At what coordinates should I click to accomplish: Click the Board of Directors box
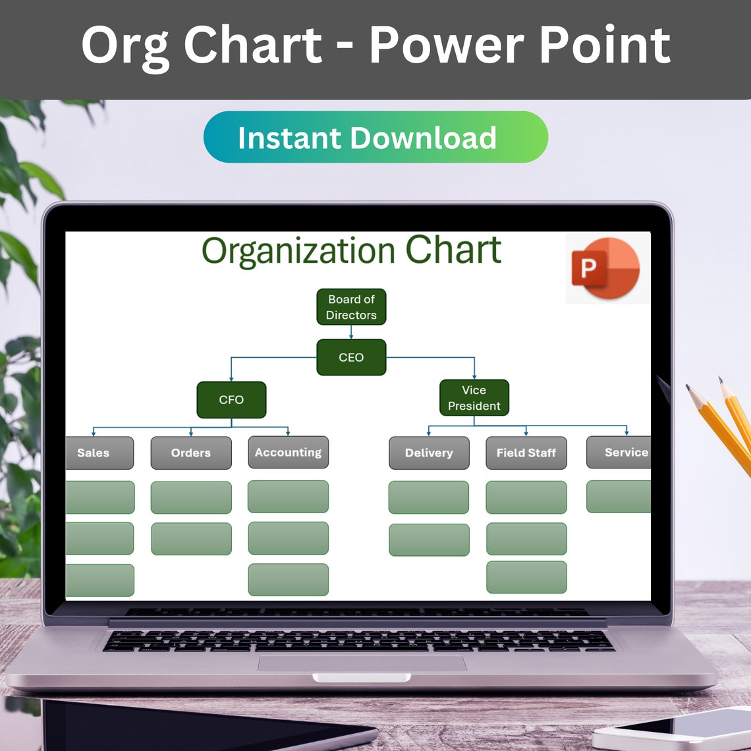tap(351, 307)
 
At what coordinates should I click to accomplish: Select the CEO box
tap(351, 358)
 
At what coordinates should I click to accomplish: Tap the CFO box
tap(231, 400)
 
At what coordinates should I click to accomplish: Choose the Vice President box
tap(474, 398)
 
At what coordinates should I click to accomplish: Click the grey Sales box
tap(99, 453)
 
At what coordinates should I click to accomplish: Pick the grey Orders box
tap(191, 453)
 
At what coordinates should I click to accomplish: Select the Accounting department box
tap(288, 452)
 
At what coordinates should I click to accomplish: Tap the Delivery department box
tap(429, 453)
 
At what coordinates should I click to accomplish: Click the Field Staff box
tap(526, 453)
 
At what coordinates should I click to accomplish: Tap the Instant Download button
tap(375, 137)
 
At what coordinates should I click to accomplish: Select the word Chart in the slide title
tap(453, 250)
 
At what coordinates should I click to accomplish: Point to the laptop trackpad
tap(362, 663)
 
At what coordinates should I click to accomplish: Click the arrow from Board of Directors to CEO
tap(351, 333)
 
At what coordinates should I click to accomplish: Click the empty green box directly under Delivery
tap(429, 497)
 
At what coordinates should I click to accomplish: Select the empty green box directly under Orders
tap(191, 497)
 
